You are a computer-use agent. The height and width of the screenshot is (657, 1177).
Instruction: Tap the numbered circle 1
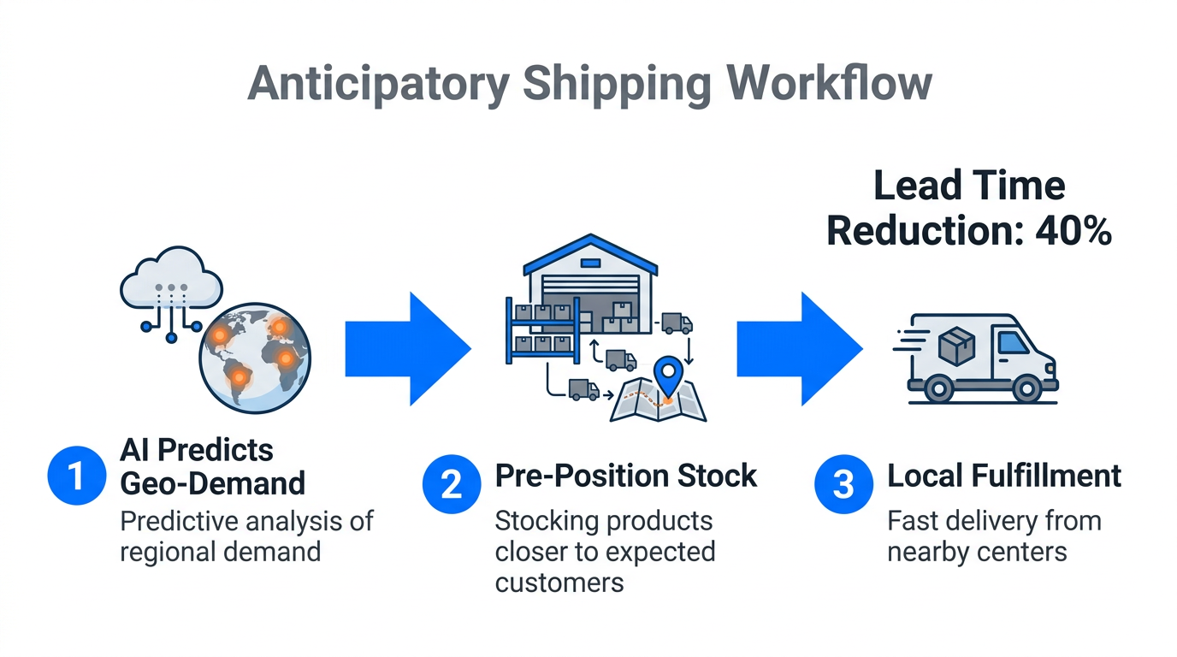[75, 475]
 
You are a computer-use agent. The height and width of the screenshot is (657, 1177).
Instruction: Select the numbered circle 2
[451, 484]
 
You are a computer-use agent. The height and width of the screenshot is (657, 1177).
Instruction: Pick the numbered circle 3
[843, 484]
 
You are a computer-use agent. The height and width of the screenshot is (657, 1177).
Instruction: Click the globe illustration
[254, 358]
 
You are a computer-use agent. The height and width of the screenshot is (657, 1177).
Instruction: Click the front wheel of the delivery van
[1026, 389]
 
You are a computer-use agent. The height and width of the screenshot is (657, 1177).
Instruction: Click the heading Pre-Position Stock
[626, 475]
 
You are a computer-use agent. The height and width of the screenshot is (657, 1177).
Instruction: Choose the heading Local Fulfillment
[1004, 475]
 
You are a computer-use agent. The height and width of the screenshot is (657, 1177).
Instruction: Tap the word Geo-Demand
[212, 483]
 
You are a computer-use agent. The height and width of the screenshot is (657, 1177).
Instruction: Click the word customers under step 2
[559, 583]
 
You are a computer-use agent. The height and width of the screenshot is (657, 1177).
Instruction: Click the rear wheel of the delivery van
[938, 389]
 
